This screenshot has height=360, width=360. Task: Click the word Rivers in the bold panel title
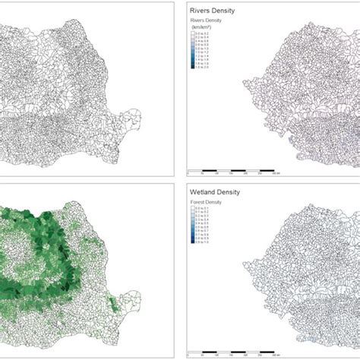(203, 11)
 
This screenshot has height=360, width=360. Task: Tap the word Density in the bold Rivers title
(231, 11)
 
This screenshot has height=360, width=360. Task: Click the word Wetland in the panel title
(206, 193)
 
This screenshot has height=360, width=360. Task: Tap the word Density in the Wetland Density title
(239, 193)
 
